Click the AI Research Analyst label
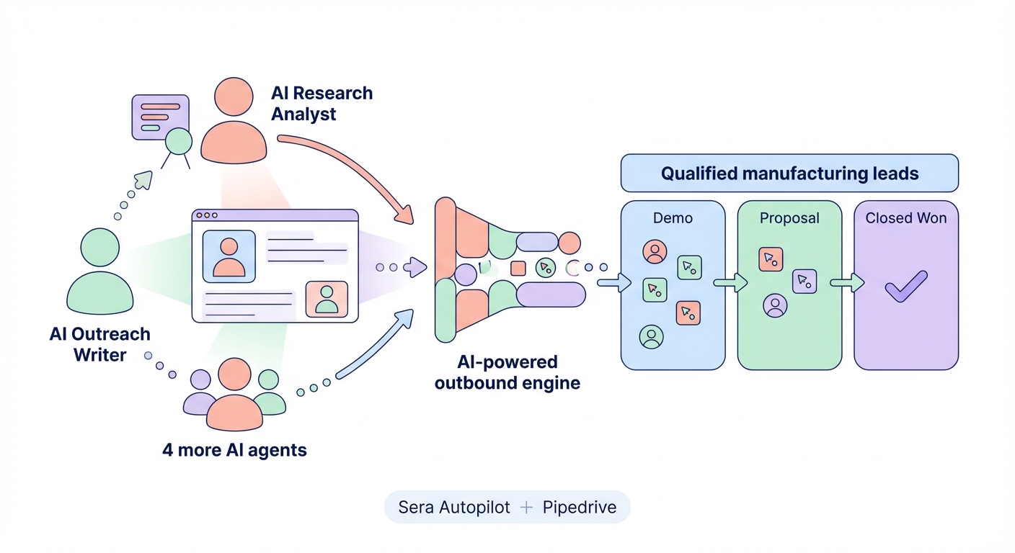[x=322, y=104]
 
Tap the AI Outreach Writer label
[x=99, y=344]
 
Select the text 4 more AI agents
[x=234, y=451]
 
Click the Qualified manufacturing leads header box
[x=789, y=174]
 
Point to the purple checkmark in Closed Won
[x=906, y=286]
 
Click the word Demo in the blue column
[x=673, y=218]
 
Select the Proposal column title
[x=789, y=218]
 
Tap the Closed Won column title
[x=906, y=218]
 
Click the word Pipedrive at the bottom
[x=579, y=507]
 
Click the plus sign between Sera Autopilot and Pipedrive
[x=526, y=507]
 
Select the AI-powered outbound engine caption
[x=507, y=372]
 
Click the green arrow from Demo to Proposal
[x=730, y=283]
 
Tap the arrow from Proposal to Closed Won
[x=847, y=283]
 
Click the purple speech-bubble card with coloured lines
[x=159, y=117]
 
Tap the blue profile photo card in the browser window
[x=229, y=256]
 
